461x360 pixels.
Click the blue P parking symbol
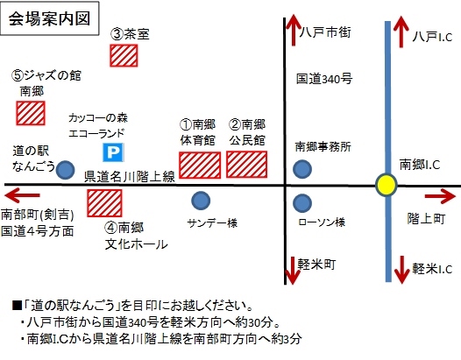(x=113, y=152)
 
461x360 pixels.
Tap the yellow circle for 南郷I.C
(x=387, y=185)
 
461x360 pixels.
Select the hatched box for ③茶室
(x=124, y=55)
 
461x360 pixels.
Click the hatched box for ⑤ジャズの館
(x=31, y=113)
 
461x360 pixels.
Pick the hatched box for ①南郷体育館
(x=200, y=166)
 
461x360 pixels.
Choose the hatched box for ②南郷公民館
(x=246, y=165)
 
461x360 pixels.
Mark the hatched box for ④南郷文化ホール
(x=104, y=203)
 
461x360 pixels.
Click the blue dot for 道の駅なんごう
(x=65, y=170)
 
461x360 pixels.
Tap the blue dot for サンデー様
(x=201, y=201)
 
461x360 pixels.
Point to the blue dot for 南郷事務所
(x=302, y=169)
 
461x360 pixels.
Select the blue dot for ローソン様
(x=302, y=203)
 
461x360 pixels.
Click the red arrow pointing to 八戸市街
(x=294, y=31)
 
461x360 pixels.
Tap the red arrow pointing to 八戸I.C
(x=401, y=32)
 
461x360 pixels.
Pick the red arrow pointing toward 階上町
(x=440, y=196)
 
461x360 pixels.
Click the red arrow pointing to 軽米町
(x=292, y=271)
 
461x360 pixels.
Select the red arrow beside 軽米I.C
(x=401, y=270)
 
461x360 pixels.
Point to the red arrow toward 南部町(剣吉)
(x=22, y=195)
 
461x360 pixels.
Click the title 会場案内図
(x=49, y=18)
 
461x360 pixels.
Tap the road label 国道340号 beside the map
(x=324, y=79)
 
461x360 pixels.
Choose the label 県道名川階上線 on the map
(x=130, y=177)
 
